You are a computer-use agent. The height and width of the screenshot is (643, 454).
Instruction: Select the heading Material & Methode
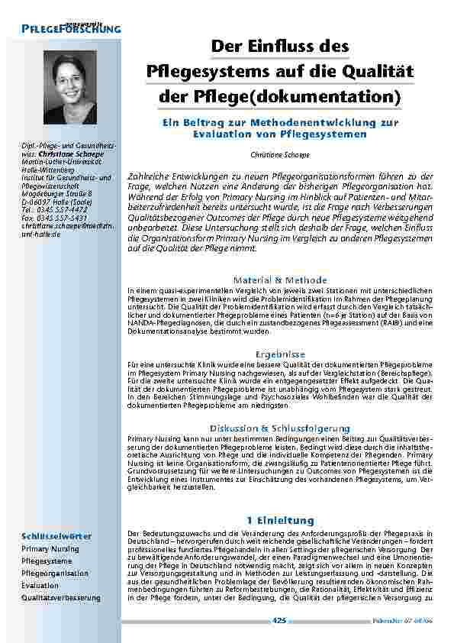(x=280, y=280)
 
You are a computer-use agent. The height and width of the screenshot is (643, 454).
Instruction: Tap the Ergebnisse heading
(x=280, y=354)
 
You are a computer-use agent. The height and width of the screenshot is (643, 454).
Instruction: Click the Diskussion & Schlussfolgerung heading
(x=280, y=428)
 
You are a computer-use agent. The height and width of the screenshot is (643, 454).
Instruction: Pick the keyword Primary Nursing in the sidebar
(x=50, y=548)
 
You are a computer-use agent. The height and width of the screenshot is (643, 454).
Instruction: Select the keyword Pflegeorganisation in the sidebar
(x=55, y=573)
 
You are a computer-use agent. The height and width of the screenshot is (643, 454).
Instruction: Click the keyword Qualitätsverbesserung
(x=61, y=597)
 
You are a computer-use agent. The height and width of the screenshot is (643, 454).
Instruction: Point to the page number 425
(x=280, y=621)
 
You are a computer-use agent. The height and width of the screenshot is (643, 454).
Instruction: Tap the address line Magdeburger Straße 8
(x=57, y=193)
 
